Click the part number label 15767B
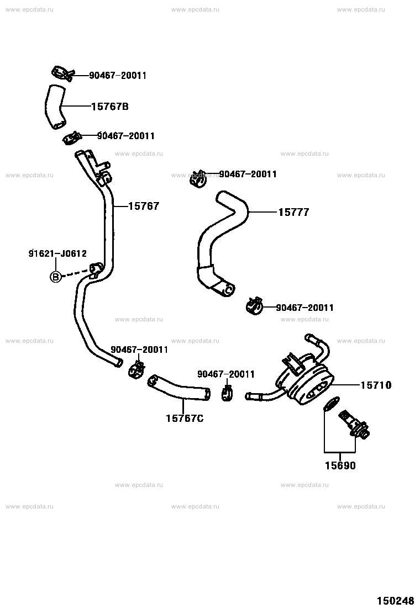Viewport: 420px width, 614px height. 110,107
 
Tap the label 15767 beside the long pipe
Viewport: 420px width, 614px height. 144,207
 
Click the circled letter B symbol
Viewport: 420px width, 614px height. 56,277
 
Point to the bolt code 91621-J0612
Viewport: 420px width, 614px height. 57,254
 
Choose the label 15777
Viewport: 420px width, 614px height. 294,212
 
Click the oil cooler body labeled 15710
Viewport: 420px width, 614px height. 306,378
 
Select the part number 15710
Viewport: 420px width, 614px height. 376,385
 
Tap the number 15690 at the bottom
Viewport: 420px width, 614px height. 340,465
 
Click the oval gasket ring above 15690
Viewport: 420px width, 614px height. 331,403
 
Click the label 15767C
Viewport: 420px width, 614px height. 185,419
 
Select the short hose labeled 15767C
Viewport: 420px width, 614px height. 179,389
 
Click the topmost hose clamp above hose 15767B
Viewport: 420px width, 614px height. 62,73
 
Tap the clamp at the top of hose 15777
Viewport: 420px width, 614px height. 198,178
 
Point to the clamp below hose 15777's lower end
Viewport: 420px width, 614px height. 254,305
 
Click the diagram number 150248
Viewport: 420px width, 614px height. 395,601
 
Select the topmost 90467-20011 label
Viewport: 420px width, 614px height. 118,76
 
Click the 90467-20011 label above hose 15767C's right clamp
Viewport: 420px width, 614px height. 226,374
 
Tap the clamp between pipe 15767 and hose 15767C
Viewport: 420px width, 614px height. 136,369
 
